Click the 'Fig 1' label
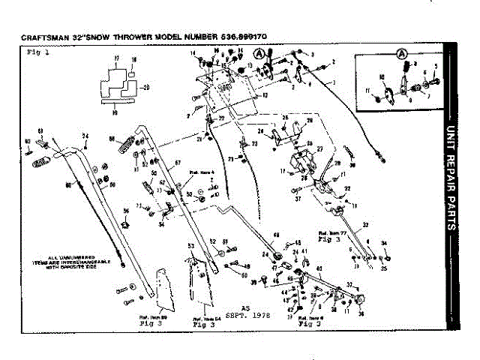[37, 52]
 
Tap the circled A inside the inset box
[401, 54]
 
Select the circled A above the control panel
[259, 53]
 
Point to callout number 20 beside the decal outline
[146, 86]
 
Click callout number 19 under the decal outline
[114, 111]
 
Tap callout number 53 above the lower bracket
[190, 246]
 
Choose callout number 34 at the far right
[384, 244]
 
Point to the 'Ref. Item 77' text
[332, 235]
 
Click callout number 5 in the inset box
[436, 67]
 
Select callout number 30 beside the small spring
[352, 163]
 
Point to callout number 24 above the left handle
[86, 136]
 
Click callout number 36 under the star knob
[361, 315]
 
